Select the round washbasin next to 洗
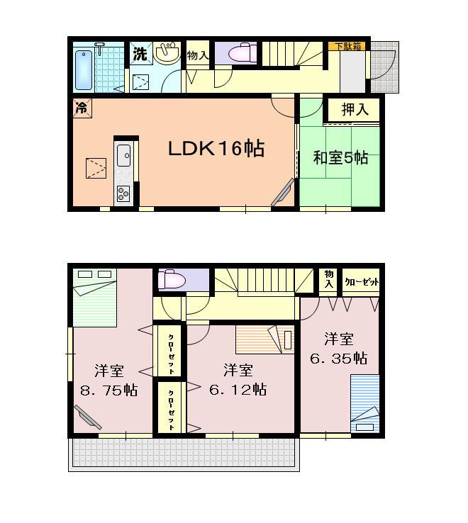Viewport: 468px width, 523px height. click(x=167, y=52)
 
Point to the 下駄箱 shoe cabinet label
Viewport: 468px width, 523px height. click(x=347, y=46)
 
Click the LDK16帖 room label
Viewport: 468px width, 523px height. click(x=216, y=149)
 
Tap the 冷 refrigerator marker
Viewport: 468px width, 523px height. click(x=82, y=108)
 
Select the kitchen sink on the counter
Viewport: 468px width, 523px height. click(x=123, y=154)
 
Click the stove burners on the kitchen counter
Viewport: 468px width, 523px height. click(x=123, y=193)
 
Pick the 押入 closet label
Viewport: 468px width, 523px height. click(x=355, y=110)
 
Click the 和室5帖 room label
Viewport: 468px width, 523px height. click(x=340, y=157)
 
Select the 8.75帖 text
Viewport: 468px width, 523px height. click(x=108, y=390)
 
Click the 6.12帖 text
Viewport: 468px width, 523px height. click(x=238, y=389)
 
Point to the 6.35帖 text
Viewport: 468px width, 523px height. click(x=339, y=358)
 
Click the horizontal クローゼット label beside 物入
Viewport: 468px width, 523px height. click(x=362, y=282)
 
